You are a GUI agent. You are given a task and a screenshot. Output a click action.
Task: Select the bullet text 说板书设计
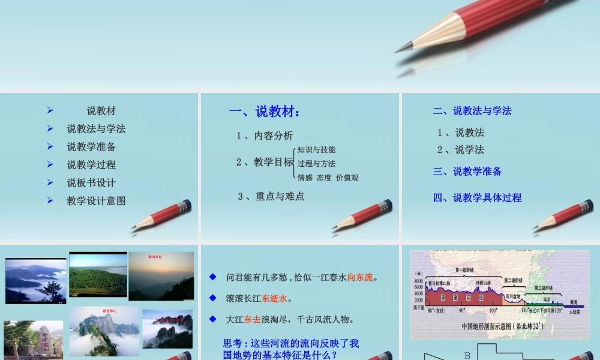(91, 183)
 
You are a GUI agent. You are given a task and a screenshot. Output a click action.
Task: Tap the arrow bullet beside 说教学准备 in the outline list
(50, 146)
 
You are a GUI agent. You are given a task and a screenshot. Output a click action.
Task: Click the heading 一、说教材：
(265, 111)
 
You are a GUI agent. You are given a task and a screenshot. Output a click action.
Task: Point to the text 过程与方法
(316, 164)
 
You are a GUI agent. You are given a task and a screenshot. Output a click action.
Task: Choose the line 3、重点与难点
(271, 196)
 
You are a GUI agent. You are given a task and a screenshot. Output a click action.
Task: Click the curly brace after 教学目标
(294, 163)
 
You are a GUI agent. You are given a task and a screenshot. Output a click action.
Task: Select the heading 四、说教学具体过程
(477, 197)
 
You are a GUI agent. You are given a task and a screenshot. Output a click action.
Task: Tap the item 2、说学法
(460, 149)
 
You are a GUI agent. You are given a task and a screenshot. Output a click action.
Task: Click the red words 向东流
(360, 277)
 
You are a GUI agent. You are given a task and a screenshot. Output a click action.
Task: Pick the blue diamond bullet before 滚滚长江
(212, 298)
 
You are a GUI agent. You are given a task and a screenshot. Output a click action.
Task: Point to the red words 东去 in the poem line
(251, 319)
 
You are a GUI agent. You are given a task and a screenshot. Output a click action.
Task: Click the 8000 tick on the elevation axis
(418, 281)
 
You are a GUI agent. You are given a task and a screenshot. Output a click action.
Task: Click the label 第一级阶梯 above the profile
(465, 271)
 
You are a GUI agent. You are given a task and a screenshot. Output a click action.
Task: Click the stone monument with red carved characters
(43, 341)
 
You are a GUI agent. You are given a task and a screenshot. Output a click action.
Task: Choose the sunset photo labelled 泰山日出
(161, 276)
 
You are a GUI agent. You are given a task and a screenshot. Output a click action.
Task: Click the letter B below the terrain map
(467, 355)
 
